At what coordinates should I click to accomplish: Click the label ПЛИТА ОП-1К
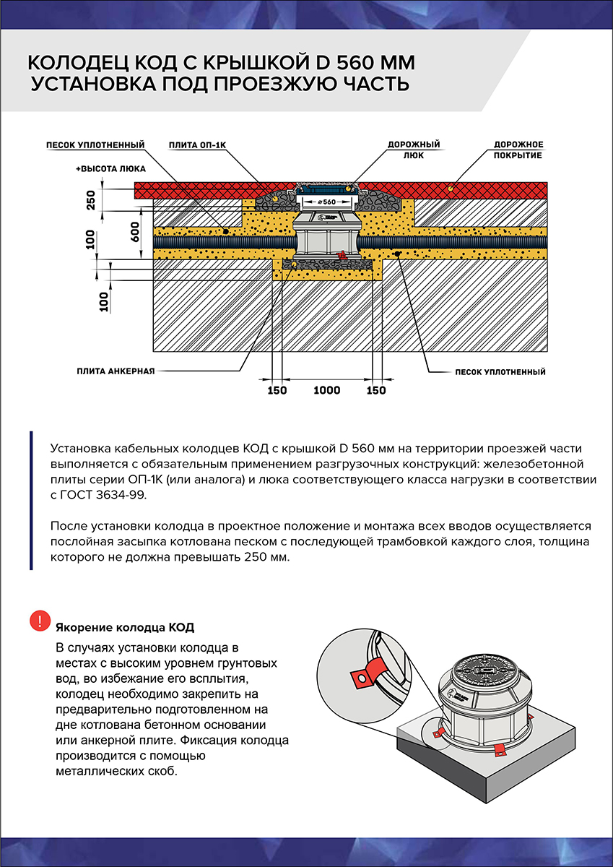[198, 145]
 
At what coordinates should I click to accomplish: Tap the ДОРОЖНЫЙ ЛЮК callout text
[414, 150]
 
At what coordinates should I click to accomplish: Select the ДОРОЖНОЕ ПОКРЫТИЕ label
[518, 150]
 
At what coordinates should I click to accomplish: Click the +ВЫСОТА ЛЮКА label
[110, 168]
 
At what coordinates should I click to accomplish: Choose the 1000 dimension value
[326, 391]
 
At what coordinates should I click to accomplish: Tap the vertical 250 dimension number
[91, 200]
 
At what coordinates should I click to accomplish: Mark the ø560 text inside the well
[327, 202]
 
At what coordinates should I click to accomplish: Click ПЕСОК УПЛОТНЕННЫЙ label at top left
[95, 145]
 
